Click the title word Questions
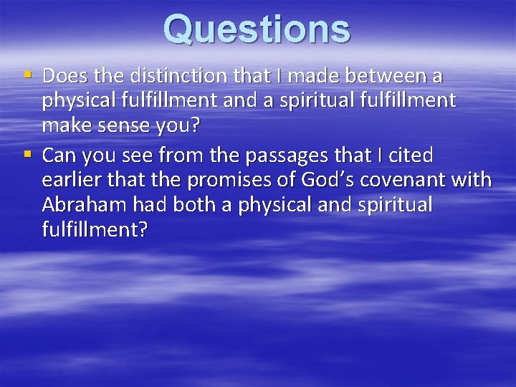(x=257, y=29)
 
